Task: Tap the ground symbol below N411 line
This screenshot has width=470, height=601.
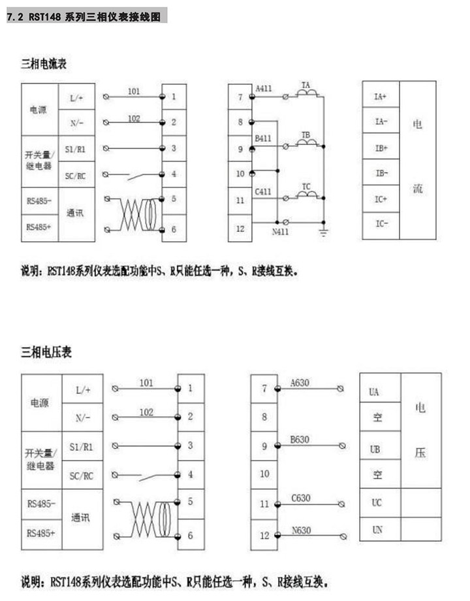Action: [x=322, y=232]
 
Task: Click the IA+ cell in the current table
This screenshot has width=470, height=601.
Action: [x=381, y=97]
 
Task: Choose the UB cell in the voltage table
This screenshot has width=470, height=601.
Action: [x=375, y=450]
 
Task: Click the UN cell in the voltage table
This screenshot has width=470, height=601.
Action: [x=377, y=529]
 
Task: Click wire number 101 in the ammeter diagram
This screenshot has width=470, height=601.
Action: [x=134, y=91]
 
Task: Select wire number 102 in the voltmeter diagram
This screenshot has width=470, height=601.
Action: [x=147, y=412]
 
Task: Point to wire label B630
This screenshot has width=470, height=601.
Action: [x=300, y=440]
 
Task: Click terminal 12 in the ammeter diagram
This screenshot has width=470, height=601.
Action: [x=240, y=228]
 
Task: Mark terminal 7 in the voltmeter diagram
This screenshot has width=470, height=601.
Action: [x=264, y=389]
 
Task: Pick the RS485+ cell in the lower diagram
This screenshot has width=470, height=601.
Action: [x=41, y=533]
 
